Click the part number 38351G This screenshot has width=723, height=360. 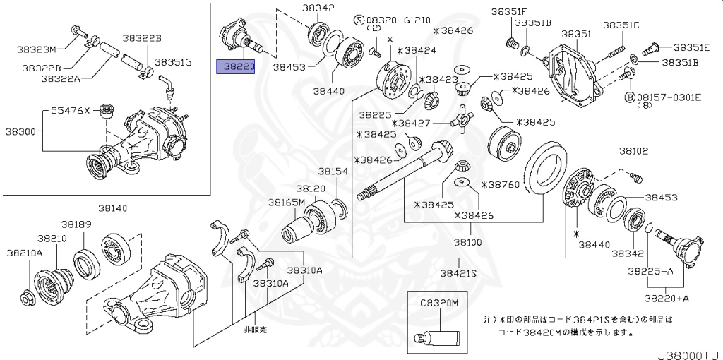click(x=173, y=62)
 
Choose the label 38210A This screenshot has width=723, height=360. click(x=24, y=252)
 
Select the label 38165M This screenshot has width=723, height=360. click(x=286, y=203)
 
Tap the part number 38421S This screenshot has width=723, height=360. click(x=459, y=272)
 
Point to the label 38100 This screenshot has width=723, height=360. click(x=467, y=241)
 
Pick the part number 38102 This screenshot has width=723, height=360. click(x=633, y=151)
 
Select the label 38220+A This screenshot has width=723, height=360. click(x=667, y=298)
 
